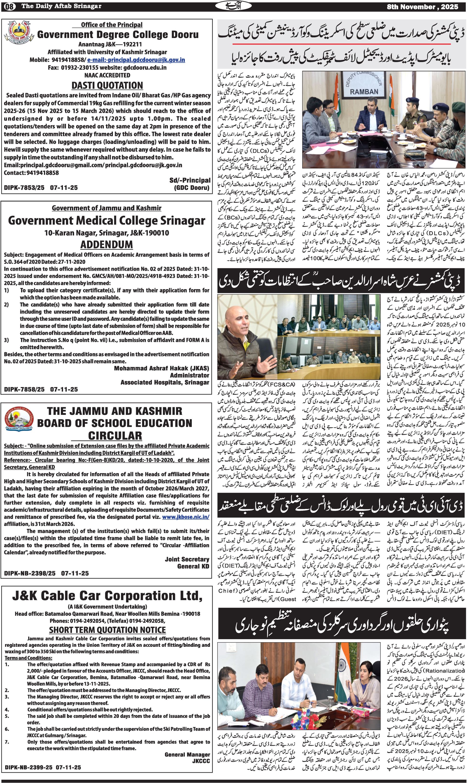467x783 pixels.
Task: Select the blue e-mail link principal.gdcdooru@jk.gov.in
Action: pos(136,60)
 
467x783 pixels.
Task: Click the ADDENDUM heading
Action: pos(106,244)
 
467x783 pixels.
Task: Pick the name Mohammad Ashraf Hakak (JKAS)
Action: pos(161,368)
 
